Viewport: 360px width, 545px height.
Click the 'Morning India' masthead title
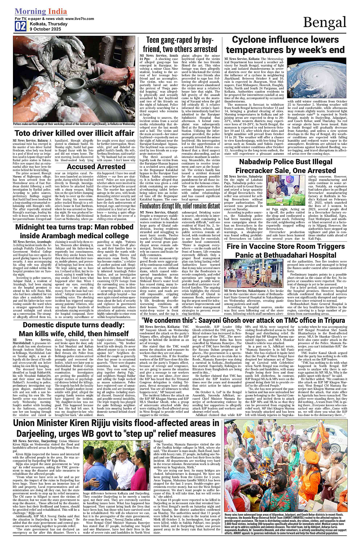pyautogui.click(x=41, y=11)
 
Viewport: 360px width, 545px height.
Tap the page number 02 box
pyautogui.click(x=21, y=26)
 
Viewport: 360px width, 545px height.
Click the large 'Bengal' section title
pyautogui.click(x=325, y=23)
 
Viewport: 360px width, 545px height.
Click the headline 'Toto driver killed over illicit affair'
pyautogui.click(x=74, y=133)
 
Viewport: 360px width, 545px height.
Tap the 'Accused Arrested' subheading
pyautogui.click(x=96, y=167)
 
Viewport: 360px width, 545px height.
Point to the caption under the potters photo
pyautogui.click(x=74, y=124)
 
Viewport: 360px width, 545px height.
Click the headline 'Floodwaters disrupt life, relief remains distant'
pyautogui.click(x=179, y=206)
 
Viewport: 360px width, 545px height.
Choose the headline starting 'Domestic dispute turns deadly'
pyautogui.click(x=74, y=325)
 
